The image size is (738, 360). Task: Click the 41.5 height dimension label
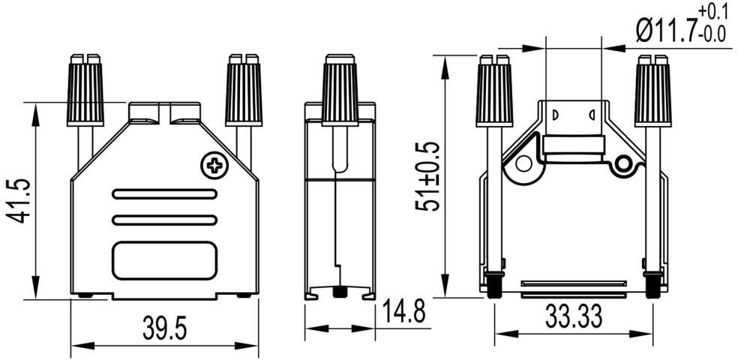pyautogui.click(x=19, y=200)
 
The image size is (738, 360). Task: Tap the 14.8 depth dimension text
pyautogui.click(x=403, y=311)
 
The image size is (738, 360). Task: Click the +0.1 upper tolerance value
pyautogui.click(x=712, y=11)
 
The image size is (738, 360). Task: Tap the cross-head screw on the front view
pyautogui.click(x=214, y=165)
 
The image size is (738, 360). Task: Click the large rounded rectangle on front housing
pyautogui.click(x=166, y=262)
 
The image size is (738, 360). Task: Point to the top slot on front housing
pyautogui.click(x=166, y=194)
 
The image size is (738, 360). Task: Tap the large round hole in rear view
pyautogui.click(x=523, y=163)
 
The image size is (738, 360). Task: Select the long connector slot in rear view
pyautogui.click(x=573, y=283)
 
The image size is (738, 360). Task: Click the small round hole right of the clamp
pyautogui.click(x=623, y=163)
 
